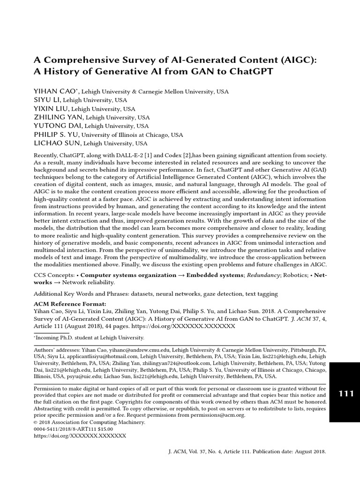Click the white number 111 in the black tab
(x=346, y=393)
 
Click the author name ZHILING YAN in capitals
(x=58, y=117)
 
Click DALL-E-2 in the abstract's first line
(x=126, y=155)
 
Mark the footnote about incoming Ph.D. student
(x=89, y=337)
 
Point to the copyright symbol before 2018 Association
(x=36, y=422)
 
